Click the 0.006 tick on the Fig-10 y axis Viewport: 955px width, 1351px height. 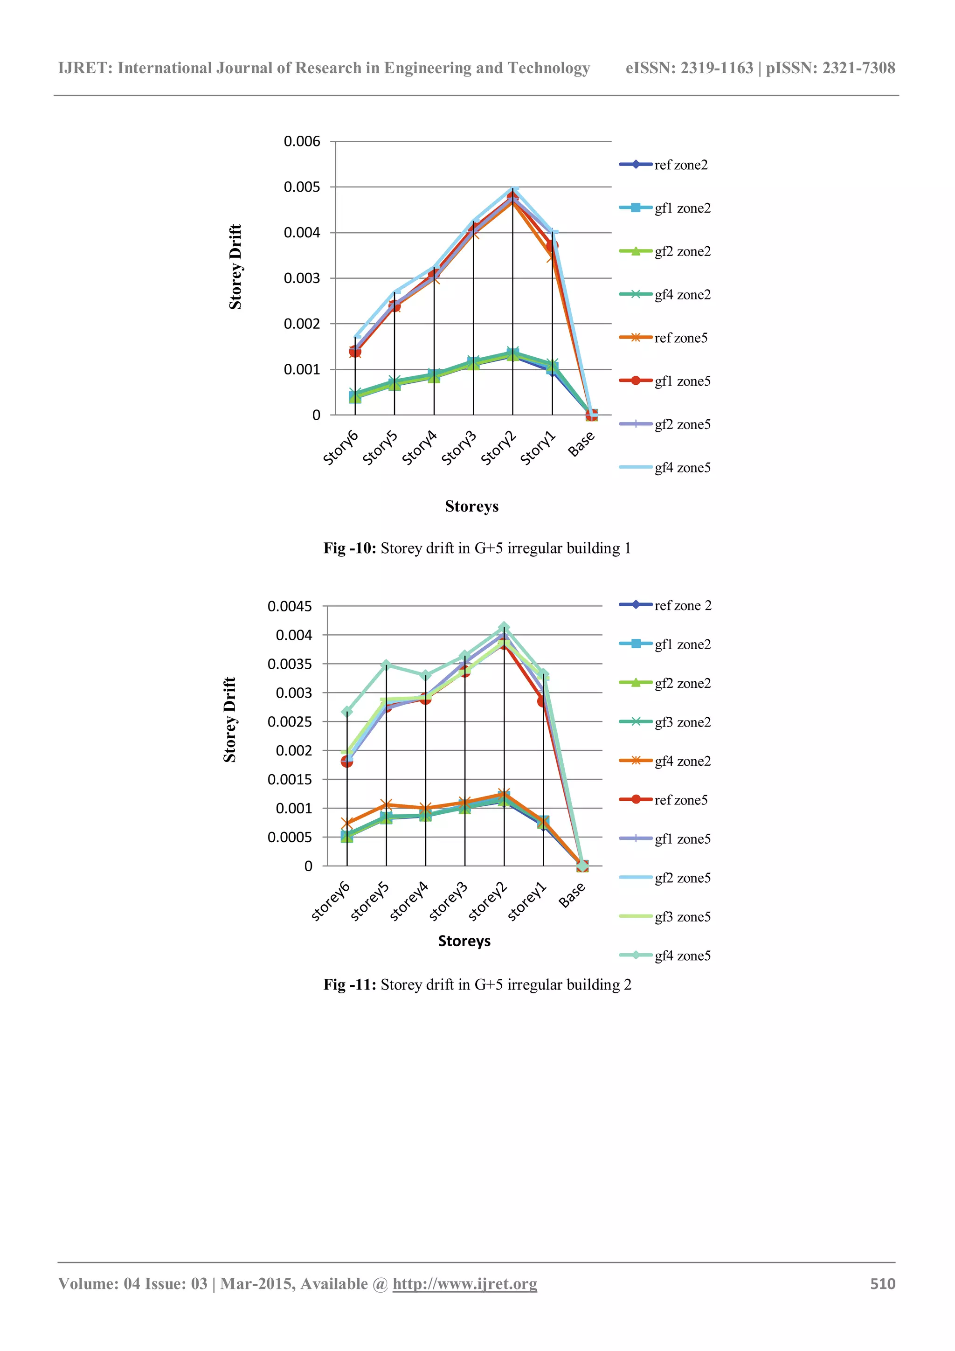click(x=302, y=142)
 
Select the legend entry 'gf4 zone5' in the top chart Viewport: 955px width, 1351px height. click(x=682, y=468)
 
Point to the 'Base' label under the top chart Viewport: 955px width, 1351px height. click(x=581, y=443)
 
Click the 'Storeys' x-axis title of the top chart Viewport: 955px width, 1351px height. click(x=471, y=506)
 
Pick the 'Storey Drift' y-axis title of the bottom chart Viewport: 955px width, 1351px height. click(x=229, y=720)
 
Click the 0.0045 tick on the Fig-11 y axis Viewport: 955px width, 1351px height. click(x=290, y=607)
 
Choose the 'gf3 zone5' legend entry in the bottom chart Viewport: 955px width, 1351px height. click(x=682, y=917)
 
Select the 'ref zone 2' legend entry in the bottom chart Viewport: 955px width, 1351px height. click(x=683, y=605)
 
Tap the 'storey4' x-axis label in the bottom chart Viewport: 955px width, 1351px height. click(x=409, y=901)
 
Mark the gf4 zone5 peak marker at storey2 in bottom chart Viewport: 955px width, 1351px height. click(x=504, y=627)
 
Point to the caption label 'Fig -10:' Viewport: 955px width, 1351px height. click(x=350, y=548)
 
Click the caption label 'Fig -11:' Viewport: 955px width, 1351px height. click(x=350, y=985)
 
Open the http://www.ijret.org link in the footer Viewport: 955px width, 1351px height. click(x=465, y=1284)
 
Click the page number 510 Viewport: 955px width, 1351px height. click(x=883, y=1284)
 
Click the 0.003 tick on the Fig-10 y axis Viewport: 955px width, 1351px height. click(x=302, y=278)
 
